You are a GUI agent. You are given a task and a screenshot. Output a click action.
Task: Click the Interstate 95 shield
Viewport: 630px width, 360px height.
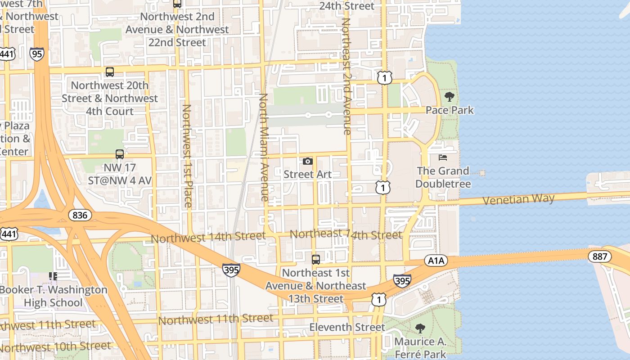[37, 54]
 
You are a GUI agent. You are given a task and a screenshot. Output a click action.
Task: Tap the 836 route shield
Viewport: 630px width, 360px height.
[80, 215]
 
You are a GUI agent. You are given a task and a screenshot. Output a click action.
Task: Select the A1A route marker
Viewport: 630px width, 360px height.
[436, 261]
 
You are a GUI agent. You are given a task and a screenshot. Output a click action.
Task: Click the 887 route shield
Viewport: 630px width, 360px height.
[600, 257]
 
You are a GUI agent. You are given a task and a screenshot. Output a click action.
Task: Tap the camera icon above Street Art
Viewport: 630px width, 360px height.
[308, 161]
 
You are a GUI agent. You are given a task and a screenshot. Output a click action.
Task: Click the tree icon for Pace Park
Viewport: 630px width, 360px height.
[449, 97]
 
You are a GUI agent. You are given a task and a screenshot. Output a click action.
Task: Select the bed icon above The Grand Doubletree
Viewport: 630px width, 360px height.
[443, 157]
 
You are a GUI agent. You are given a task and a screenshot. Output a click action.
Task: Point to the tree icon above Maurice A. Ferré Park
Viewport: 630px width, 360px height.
[420, 328]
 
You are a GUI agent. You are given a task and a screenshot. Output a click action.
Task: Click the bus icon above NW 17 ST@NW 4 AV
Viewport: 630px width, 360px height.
[120, 154]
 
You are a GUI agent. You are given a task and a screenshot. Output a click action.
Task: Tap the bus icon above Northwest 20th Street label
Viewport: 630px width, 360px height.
[110, 72]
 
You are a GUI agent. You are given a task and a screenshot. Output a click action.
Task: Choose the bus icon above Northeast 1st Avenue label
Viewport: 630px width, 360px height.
[316, 259]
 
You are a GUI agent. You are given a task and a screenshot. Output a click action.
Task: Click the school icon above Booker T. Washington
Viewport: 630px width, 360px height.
[53, 276]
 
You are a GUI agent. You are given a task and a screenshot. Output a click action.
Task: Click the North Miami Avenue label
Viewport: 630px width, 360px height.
[264, 147]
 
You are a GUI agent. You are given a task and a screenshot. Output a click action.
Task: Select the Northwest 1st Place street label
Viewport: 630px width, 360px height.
[187, 156]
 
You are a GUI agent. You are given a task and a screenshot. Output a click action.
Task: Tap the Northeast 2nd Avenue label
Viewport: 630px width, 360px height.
[346, 76]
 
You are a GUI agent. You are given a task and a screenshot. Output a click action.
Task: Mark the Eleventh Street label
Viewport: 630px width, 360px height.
[347, 327]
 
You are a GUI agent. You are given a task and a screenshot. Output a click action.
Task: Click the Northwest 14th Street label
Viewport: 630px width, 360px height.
[208, 237]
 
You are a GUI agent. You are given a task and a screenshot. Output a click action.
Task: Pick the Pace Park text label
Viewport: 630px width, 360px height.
[450, 110]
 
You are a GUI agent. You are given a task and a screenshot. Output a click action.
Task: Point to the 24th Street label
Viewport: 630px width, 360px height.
[346, 6]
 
